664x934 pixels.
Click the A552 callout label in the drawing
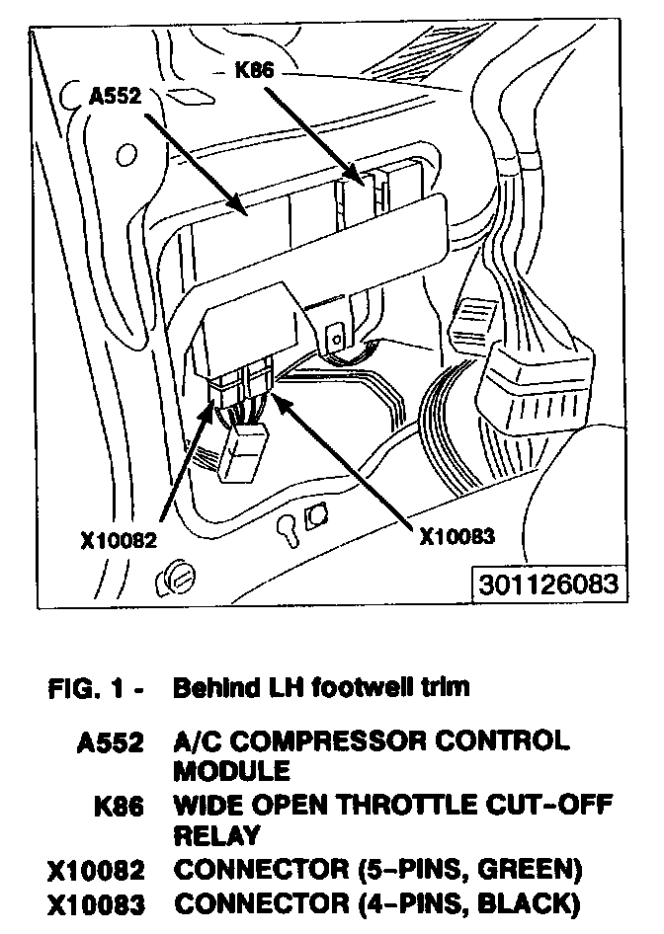click(116, 96)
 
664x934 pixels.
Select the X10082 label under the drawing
click(120, 540)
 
